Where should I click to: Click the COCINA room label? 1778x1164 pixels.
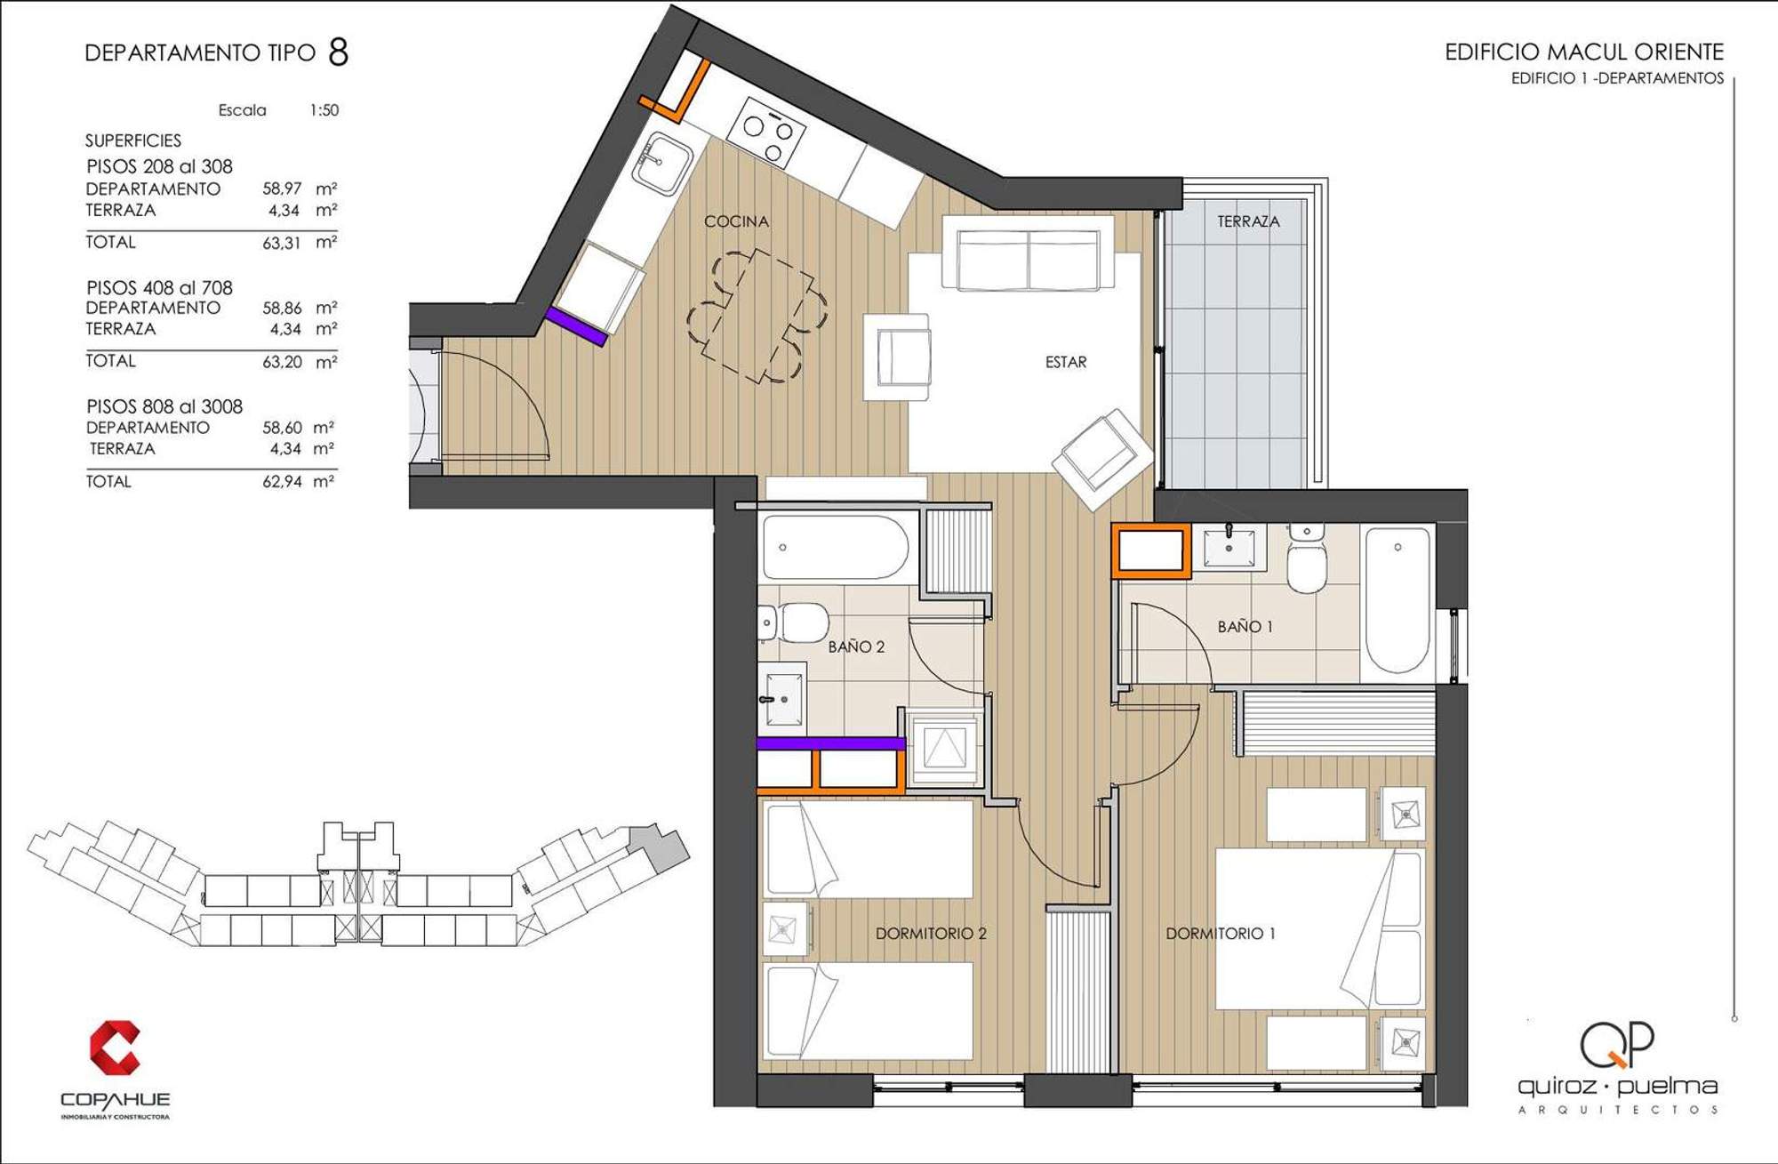click(736, 221)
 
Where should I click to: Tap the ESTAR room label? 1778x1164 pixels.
click(1066, 362)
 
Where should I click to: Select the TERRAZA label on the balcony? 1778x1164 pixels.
click(1248, 221)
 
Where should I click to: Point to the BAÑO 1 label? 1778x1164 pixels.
click(1245, 627)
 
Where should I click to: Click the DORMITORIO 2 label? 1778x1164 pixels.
click(931, 934)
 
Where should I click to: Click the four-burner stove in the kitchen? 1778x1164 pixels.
click(766, 132)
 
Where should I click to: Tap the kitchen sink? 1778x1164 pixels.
click(662, 164)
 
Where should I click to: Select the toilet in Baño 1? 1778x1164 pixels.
click(1307, 558)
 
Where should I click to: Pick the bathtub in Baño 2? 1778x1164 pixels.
click(836, 548)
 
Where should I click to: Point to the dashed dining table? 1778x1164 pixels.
click(758, 316)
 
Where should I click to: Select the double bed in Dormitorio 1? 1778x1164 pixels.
click(1319, 929)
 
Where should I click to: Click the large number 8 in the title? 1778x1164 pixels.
click(338, 52)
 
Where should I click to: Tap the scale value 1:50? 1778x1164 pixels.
click(324, 110)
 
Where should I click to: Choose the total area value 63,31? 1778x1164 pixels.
click(282, 243)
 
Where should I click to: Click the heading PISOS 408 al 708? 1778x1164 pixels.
click(159, 288)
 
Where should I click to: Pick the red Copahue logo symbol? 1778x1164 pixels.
click(115, 1048)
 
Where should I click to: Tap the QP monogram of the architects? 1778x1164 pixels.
click(1617, 1044)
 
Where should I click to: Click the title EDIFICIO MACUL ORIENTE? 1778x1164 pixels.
click(1584, 52)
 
